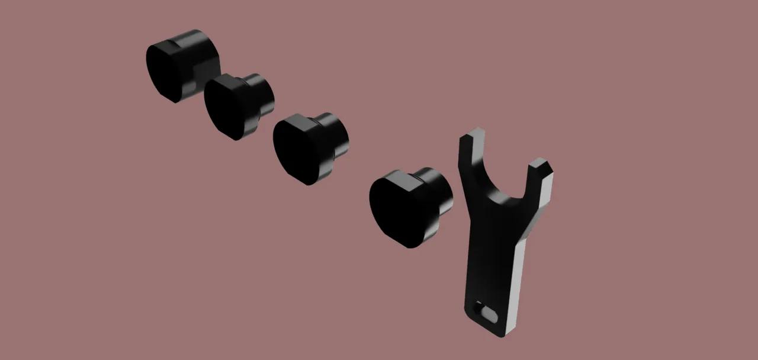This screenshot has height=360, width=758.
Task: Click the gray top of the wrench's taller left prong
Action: tap(473, 134)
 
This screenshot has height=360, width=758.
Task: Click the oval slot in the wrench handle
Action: tap(490, 312)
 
